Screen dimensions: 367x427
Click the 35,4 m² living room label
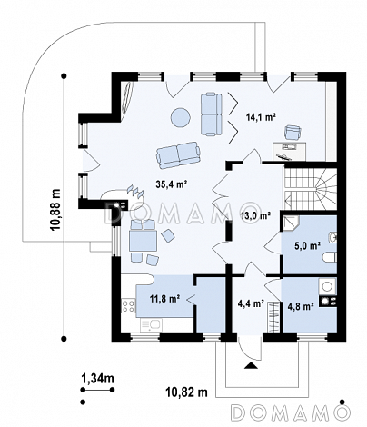172,184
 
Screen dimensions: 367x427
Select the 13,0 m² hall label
255,216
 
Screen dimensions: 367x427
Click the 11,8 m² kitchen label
165,299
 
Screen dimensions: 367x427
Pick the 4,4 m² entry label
252,303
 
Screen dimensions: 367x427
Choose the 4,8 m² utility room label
300,306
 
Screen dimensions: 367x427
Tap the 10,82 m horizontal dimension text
186,392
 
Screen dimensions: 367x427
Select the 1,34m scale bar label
97,378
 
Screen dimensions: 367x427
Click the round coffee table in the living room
181,117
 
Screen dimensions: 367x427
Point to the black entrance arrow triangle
251,366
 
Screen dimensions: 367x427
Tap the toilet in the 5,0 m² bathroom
330,258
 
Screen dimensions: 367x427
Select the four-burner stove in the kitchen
128,305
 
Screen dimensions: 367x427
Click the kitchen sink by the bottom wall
151,325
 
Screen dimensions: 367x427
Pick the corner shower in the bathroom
291,223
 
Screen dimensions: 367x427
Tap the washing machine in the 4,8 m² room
328,286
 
